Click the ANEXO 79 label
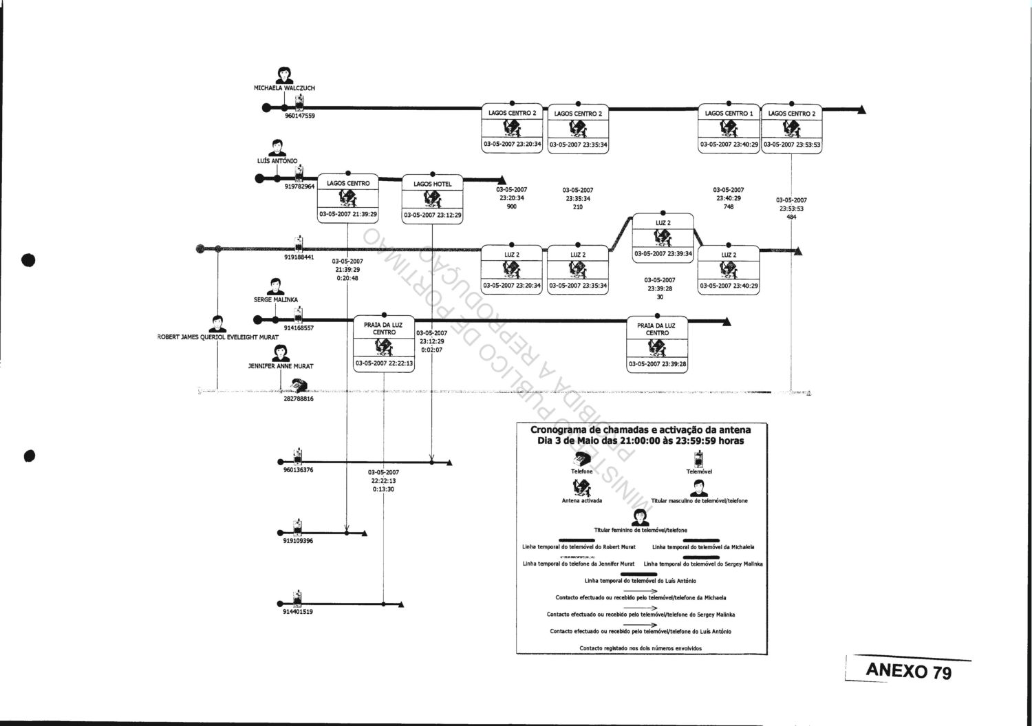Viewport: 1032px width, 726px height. click(x=908, y=670)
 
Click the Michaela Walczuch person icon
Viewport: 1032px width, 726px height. click(x=284, y=74)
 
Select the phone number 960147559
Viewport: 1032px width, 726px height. click(x=300, y=116)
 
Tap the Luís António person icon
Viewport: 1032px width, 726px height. click(x=277, y=148)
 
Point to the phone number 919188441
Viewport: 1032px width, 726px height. click(x=299, y=257)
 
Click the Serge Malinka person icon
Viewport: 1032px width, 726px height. click(x=275, y=286)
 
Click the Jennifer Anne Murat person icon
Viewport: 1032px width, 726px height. click(x=280, y=353)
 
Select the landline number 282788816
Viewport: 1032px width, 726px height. click(x=299, y=398)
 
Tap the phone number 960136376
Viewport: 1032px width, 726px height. click(x=299, y=470)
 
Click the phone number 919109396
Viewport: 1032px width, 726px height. click(x=298, y=541)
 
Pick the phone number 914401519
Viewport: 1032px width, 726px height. click(x=298, y=612)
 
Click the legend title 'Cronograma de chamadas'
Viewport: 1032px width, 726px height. click(x=640, y=435)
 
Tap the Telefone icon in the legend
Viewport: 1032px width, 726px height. click(x=582, y=459)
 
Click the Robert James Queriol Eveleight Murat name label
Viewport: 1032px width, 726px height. click(x=217, y=338)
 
